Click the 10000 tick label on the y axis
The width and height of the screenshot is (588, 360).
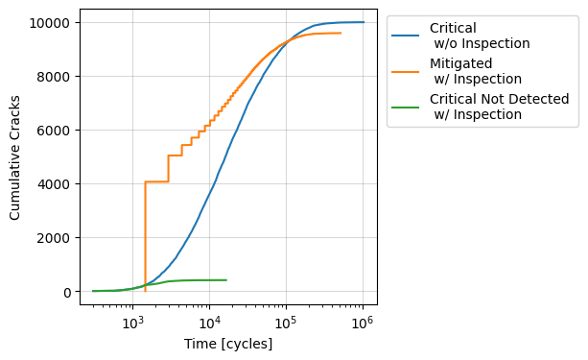pyautogui.click(x=52, y=22)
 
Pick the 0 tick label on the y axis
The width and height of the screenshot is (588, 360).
pyautogui.click(x=67, y=292)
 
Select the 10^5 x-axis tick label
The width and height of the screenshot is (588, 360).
pyautogui.click(x=285, y=322)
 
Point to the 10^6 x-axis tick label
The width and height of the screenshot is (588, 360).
pyautogui.click(x=362, y=322)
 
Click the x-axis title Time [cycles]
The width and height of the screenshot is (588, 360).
pyautogui.click(x=228, y=344)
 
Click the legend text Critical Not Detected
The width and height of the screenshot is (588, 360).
pyautogui.click(x=499, y=99)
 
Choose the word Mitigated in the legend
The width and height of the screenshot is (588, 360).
pyautogui.click(x=462, y=63)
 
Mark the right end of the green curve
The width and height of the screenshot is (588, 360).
pyautogui.click(x=226, y=280)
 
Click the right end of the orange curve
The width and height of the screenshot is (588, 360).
pyautogui.click(x=341, y=33)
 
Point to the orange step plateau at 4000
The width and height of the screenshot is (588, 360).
pyautogui.click(x=156, y=181)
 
